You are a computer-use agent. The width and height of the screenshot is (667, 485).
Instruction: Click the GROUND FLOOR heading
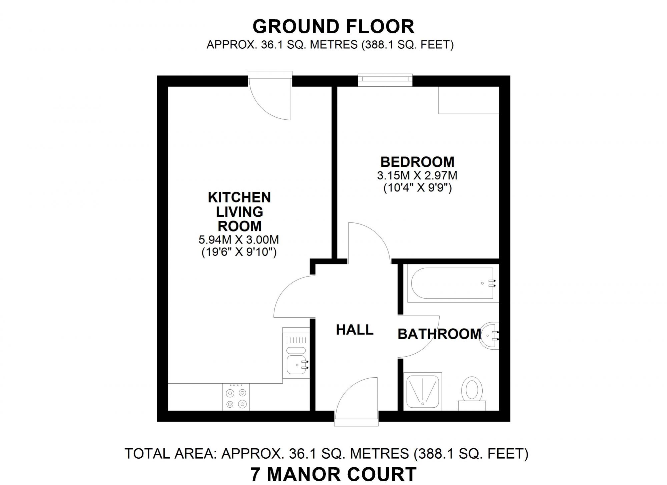(333, 27)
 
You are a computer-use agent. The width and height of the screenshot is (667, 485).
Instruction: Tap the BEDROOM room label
(417, 162)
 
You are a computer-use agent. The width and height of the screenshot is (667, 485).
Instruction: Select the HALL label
(355, 330)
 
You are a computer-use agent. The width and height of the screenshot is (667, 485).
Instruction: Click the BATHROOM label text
(439, 334)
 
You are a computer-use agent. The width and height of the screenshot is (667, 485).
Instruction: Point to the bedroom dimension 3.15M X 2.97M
(417, 175)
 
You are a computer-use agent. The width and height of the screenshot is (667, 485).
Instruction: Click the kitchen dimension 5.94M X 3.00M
(239, 239)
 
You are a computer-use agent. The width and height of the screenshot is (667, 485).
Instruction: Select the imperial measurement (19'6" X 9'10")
(239, 253)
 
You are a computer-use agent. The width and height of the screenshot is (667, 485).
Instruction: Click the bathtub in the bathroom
(452, 284)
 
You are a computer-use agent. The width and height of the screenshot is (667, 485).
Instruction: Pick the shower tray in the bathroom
(423, 391)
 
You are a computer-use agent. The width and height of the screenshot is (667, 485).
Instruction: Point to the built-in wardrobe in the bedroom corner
(469, 100)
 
